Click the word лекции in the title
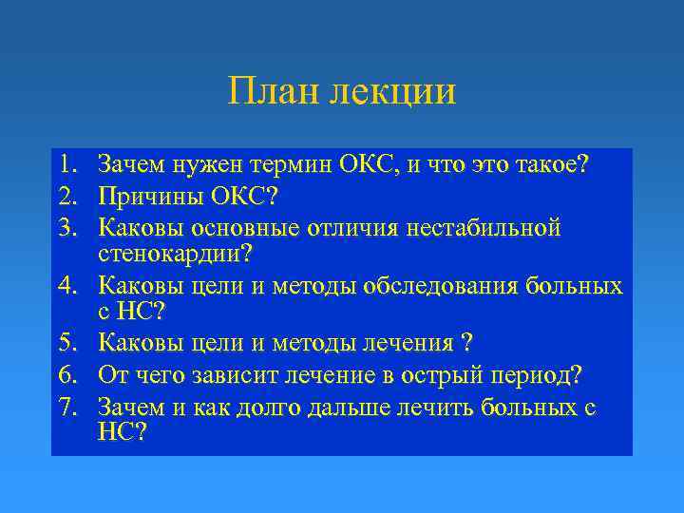pyautogui.click(x=391, y=93)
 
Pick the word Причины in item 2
pyautogui.click(x=146, y=197)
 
